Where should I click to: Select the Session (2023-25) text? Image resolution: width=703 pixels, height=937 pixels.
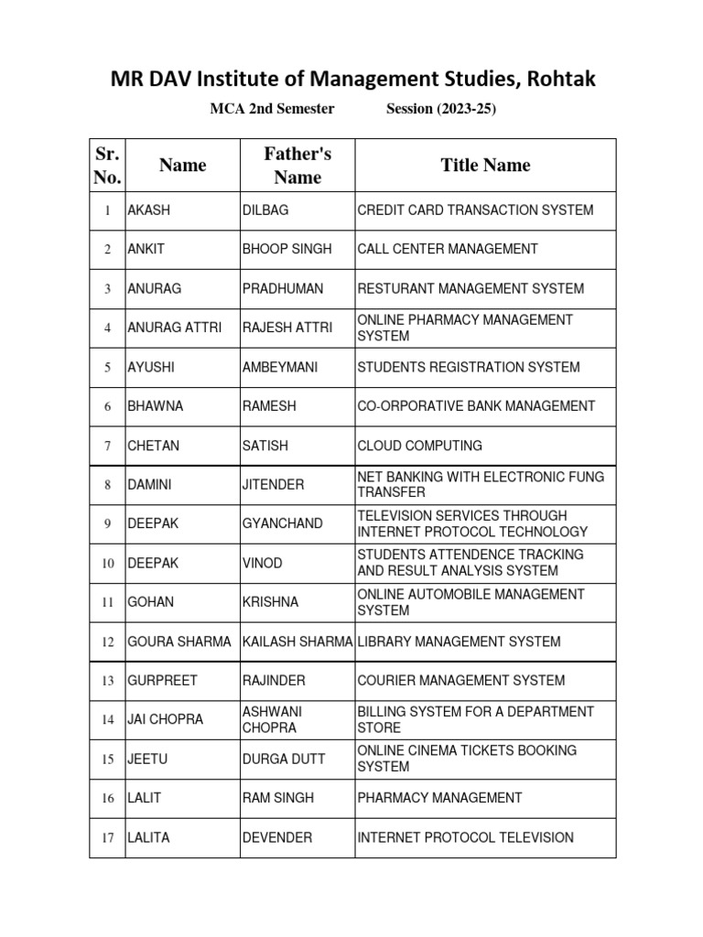[x=441, y=109]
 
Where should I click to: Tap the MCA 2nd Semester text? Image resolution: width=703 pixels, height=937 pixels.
[x=272, y=109]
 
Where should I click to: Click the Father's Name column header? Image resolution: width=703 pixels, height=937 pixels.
[x=297, y=166]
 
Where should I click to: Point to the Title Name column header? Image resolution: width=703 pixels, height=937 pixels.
[x=485, y=166]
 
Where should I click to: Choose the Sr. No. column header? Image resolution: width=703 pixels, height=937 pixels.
[x=107, y=166]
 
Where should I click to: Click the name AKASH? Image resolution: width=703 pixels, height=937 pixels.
[x=149, y=210]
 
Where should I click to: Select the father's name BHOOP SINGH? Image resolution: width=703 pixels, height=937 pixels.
[x=287, y=249]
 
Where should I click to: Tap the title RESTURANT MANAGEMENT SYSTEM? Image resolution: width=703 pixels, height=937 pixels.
[x=470, y=288]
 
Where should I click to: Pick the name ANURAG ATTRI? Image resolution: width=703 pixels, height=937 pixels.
[x=175, y=328]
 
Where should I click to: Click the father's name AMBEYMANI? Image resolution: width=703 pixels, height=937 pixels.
[x=282, y=367]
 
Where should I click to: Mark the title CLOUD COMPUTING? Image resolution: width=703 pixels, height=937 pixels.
[x=419, y=446]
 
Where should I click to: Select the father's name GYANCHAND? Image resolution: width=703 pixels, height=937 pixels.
[x=283, y=523]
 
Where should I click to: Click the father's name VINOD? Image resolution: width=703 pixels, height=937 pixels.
[x=263, y=563]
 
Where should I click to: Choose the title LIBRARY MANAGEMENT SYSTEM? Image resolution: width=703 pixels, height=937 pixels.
[x=459, y=641]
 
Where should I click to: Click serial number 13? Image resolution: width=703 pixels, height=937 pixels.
[x=107, y=681]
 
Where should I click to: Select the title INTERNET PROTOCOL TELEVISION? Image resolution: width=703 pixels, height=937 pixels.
[x=466, y=837]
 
